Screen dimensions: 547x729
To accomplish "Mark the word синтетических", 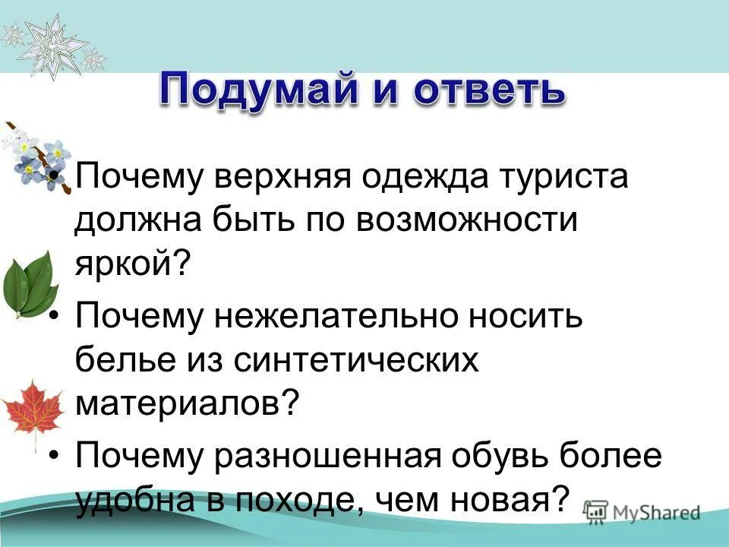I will [x=357, y=359].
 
